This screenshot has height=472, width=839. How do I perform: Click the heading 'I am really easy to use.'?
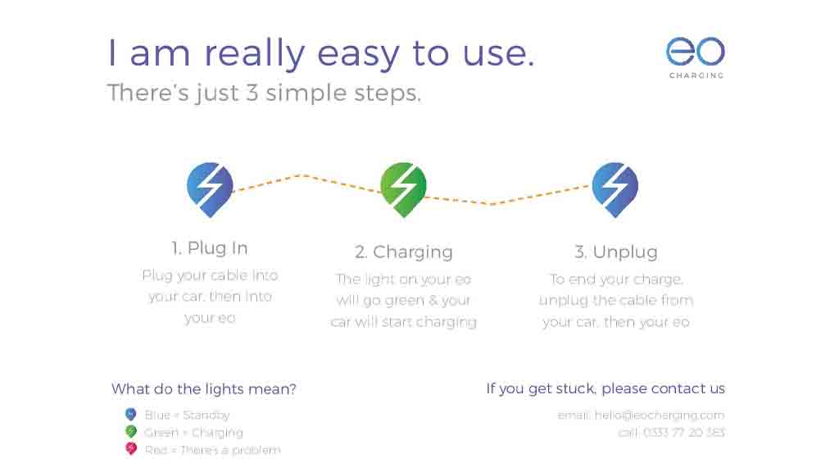(321, 53)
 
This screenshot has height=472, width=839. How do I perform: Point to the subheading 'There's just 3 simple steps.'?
(264, 93)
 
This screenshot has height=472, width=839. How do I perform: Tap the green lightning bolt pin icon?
(403, 188)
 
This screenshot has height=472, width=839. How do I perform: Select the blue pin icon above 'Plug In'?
(211, 188)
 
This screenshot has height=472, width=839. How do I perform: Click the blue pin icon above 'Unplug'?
(615, 188)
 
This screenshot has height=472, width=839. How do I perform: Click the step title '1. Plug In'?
(210, 248)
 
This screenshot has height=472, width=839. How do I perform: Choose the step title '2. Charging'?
(404, 252)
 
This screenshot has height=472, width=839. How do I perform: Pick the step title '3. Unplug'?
(616, 252)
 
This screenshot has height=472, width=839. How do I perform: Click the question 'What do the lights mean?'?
(204, 388)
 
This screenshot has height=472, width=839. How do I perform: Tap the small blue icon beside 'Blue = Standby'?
(130, 415)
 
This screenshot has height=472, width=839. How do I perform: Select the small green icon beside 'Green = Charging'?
(130, 432)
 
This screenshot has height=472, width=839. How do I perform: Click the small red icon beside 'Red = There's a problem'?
(130, 449)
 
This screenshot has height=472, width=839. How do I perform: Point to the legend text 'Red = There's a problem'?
(212, 450)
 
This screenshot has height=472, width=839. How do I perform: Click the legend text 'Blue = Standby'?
(187, 415)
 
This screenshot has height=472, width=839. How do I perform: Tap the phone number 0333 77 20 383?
(684, 433)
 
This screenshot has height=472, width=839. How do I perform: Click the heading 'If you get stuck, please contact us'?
(605, 388)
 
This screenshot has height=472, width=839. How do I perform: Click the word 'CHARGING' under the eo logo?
(696, 75)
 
